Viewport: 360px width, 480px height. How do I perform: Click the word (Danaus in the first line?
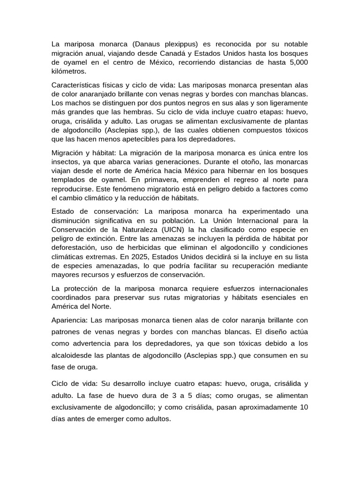click(146, 44)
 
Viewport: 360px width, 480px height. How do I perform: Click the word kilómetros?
click(69, 72)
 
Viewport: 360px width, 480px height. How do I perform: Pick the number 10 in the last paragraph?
click(303, 407)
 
